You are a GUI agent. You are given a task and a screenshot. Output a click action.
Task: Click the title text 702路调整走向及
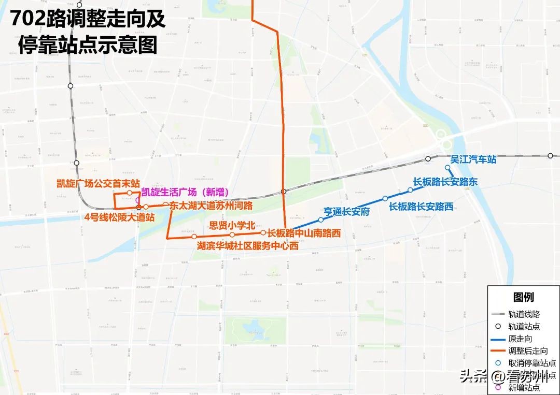click(x=88, y=20)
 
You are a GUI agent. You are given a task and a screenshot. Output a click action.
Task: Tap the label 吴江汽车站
click(x=473, y=159)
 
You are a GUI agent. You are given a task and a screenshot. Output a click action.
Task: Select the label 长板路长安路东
click(x=445, y=182)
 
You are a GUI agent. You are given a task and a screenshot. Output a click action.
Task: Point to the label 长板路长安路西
click(x=421, y=207)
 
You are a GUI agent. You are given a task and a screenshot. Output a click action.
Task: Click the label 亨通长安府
click(x=346, y=211)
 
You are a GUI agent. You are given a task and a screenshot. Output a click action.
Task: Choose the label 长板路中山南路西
click(x=304, y=233)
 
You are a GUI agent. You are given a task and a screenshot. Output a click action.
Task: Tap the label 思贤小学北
click(x=232, y=225)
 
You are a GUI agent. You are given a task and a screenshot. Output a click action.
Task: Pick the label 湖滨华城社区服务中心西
click(x=248, y=246)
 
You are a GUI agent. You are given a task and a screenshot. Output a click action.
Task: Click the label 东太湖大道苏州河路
click(x=211, y=206)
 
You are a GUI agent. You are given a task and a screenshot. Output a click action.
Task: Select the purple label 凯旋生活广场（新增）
click(x=185, y=193)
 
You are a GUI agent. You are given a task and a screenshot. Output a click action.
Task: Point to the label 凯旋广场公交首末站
click(x=99, y=183)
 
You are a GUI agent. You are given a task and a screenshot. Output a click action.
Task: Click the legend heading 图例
click(x=523, y=297)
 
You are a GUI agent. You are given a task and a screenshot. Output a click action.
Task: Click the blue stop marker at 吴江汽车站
click(x=447, y=167)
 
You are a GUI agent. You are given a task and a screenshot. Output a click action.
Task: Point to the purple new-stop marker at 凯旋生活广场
click(x=137, y=200)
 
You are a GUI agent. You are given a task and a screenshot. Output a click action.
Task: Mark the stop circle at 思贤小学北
click(x=232, y=235)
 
